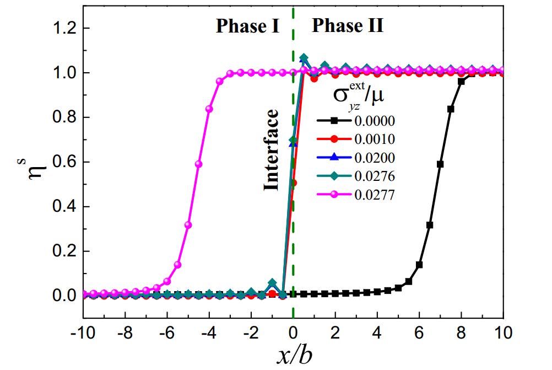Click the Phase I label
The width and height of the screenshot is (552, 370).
pyautogui.click(x=248, y=26)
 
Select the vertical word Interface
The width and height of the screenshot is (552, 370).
pyautogui.click(x=271, y=150)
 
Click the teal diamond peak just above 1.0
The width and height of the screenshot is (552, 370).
pyautogui.click(x=304, y=58)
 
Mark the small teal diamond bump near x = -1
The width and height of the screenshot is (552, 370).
pyautogui.click(x=272, y=283)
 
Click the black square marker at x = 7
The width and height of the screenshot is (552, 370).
pyautogui.click(x=440, y=164)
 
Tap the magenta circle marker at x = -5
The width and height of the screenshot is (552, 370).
pyautogui.click(x=188, y=224)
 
